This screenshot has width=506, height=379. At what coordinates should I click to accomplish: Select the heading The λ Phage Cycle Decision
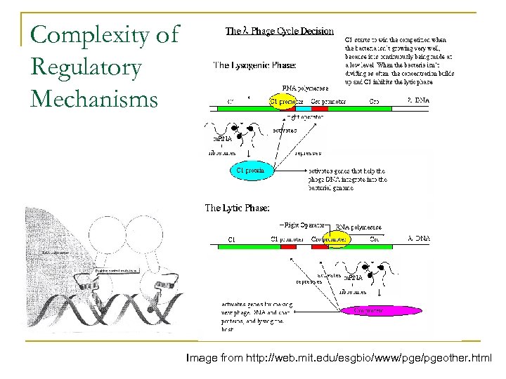(x=279, y=32)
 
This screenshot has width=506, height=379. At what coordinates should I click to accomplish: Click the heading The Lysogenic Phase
(x=254, y=65)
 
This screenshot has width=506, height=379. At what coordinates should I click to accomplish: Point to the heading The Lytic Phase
(x=237, y=208)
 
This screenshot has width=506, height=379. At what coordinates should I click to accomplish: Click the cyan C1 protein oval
(x=249, y=170)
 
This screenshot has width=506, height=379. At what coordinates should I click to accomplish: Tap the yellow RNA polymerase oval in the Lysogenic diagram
(x=287, y=101)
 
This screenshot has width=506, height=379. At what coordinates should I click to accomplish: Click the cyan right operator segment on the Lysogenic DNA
(x=302, y=108)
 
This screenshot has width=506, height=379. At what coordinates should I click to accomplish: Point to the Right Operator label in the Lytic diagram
(x=303, y=225)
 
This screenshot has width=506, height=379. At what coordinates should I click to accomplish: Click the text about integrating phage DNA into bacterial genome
(x=348, y=180)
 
